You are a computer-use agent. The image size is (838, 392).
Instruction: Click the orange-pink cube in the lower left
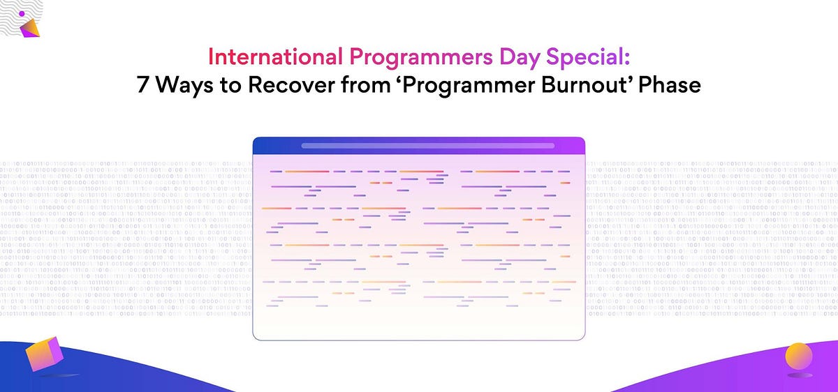coord(44,355)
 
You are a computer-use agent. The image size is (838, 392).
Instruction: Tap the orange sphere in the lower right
coord(798,356)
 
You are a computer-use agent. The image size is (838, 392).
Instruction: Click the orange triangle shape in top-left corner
coord(30,28)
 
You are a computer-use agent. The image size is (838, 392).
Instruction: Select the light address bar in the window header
coord(427,146)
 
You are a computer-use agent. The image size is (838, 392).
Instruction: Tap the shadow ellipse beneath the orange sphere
coord(797,377)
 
